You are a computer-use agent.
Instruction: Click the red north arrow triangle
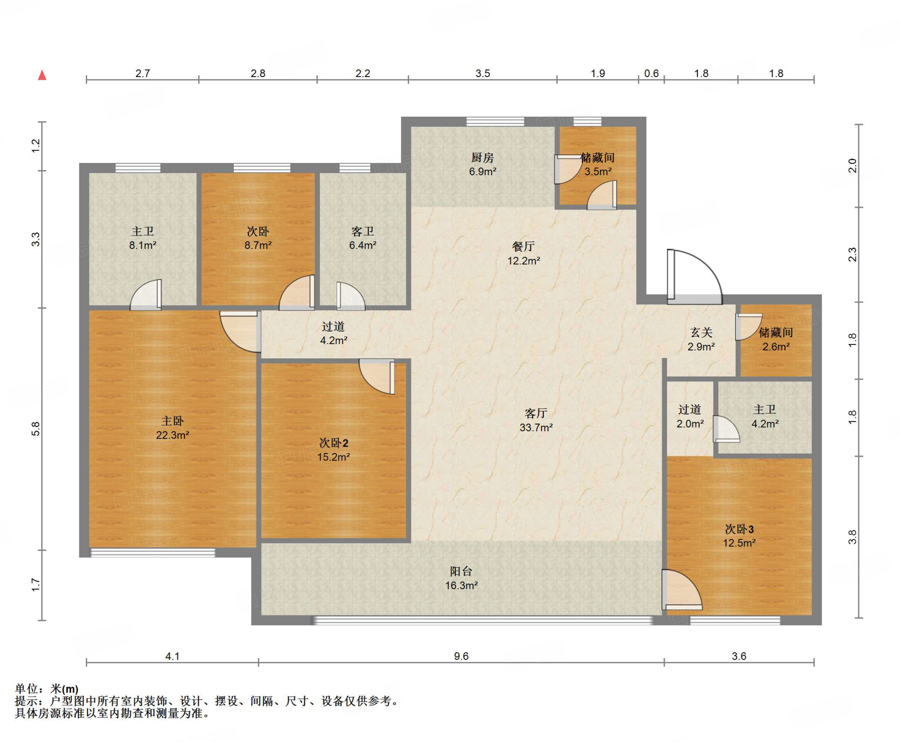[42, 75]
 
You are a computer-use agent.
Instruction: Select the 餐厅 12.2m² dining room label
[524, 254]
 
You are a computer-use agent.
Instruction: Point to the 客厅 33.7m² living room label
[536, 420]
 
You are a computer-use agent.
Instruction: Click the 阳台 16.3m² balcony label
[461, 578]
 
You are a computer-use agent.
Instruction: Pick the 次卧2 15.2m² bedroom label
[333, 450]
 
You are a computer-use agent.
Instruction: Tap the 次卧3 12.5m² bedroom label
[739, 536]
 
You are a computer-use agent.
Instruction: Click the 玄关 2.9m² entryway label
[701, 340]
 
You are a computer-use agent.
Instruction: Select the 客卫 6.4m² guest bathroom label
[363, 238]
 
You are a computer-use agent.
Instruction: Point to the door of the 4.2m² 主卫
[726, 428]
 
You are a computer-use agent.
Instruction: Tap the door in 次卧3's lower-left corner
[681, 590]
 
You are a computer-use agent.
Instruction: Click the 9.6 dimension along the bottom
[461, 656]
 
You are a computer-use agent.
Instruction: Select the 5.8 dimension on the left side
[36, 429]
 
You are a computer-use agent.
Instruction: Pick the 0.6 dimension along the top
[651, 74]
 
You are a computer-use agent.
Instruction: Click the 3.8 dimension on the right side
[852, 537]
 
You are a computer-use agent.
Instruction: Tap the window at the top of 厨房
[495, 122]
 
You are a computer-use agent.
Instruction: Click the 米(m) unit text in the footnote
[64, 688]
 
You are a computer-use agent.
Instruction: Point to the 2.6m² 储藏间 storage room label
[776, 340]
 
